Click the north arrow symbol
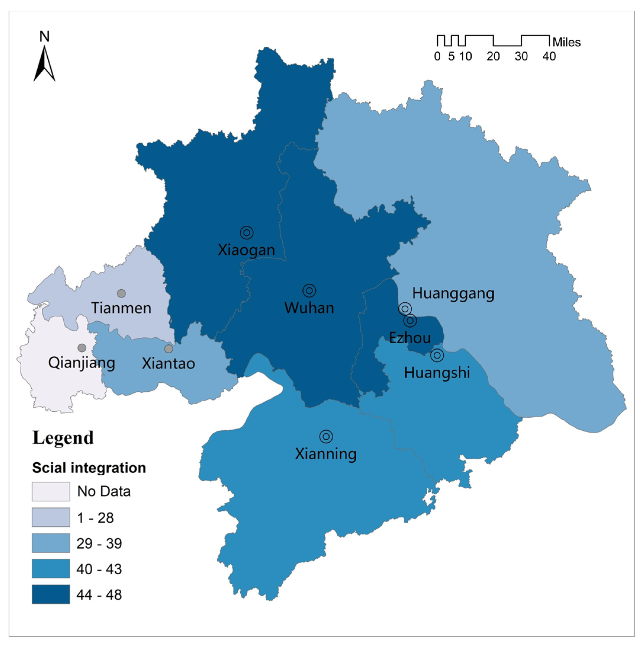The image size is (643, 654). (44, 64)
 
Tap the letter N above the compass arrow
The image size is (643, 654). (44, 36)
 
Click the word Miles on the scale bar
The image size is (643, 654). (566, 43)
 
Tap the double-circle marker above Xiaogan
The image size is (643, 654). (246, 233)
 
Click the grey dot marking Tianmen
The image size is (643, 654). (121, 293)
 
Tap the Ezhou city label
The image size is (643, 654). (410, 338)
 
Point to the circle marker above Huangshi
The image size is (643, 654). (437, 355)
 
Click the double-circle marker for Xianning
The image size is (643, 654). (326, 436)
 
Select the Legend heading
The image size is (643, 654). (63, 438)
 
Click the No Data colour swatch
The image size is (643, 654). (51, 491)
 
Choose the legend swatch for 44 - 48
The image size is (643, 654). (51, 594)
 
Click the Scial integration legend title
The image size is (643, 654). (89, 468)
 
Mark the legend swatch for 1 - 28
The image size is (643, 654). (51, 517)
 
